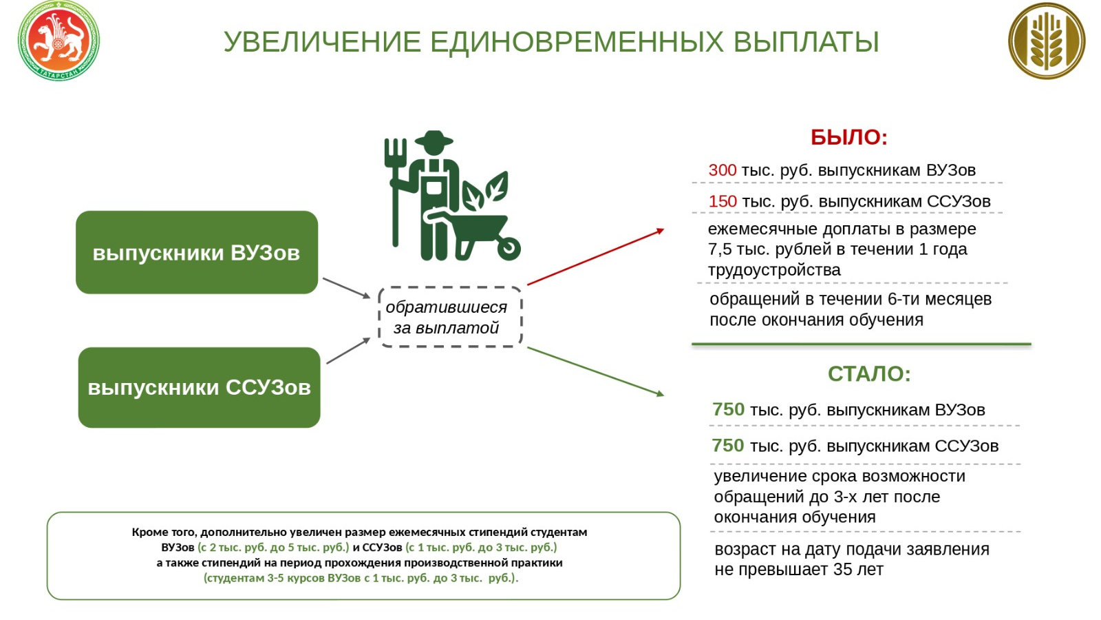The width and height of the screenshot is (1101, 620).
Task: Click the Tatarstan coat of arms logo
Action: click(58, 41)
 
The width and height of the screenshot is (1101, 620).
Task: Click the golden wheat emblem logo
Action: click(1046, 41)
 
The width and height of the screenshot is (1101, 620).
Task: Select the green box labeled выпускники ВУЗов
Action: click(197, 253)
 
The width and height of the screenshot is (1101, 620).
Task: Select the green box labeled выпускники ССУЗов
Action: click(199, 387)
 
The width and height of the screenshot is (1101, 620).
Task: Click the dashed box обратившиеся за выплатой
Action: click(451, 317)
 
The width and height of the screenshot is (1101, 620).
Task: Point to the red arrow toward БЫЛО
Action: click(595, 256)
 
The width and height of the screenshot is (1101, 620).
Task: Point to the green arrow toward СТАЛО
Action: click(595, 371)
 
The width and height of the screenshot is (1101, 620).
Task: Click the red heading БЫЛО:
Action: click(848, 137)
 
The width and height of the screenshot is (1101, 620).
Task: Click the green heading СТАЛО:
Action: click(869, 373)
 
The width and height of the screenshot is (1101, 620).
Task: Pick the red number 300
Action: click(723, 170)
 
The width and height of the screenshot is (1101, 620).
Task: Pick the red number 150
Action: click(723, 201)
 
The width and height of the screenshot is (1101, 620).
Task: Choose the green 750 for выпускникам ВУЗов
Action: click(728, 409)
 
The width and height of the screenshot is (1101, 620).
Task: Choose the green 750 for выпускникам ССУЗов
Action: click(728, 446)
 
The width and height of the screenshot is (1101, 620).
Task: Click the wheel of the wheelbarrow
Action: click(509, 248)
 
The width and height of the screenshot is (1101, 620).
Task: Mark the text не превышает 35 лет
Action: click(798, 570)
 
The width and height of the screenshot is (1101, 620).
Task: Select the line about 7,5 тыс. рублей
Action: click(837, 249)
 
